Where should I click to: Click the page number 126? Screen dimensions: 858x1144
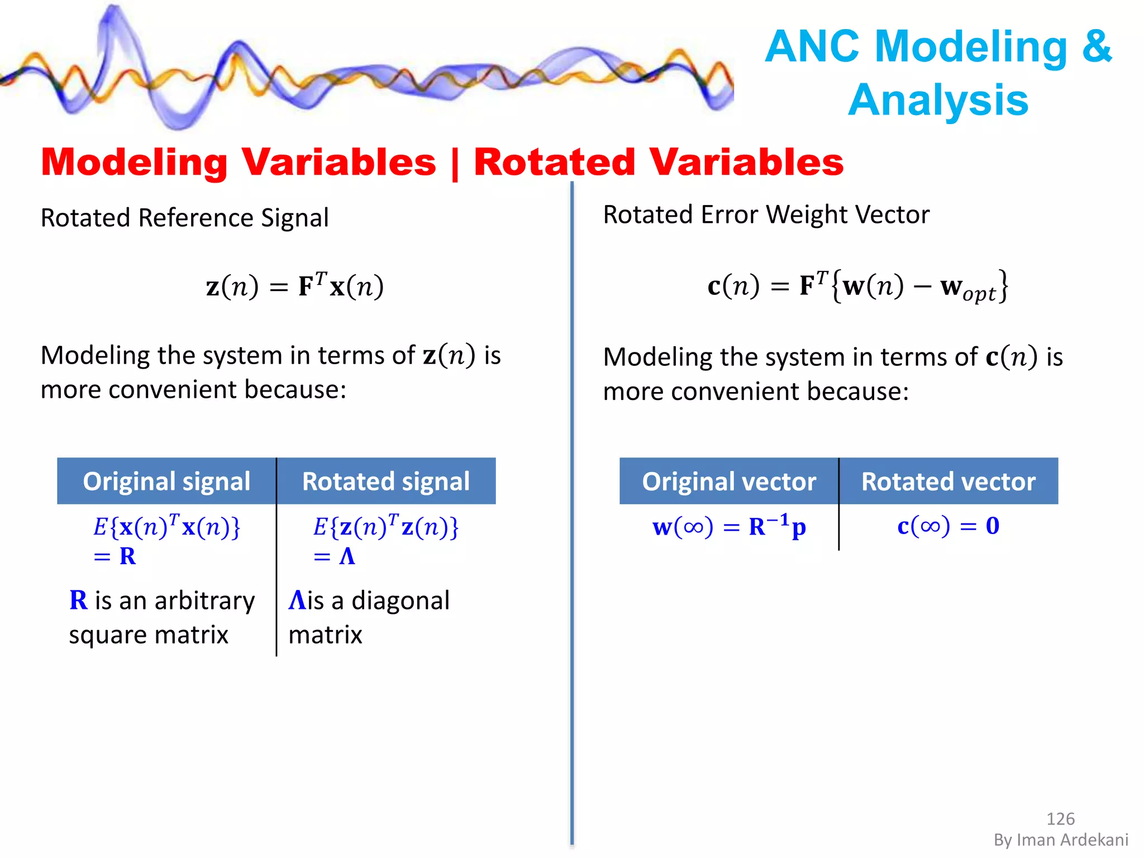[x=1060, y=818]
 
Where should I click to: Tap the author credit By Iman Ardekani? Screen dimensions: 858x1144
[x=1060, y=840]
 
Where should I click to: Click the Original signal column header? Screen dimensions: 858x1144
[x=166, y=482]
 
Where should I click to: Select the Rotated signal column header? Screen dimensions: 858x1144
[x=385, y=482]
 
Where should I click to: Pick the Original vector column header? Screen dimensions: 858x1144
[x=728, y=482]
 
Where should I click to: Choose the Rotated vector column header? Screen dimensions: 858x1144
[x=948, y=482]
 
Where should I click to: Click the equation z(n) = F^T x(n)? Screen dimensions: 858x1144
[x=294, y=286]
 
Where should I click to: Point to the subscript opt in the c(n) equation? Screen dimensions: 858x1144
[x=979, y=294]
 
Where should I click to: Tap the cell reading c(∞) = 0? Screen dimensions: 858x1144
[x=948, y=526]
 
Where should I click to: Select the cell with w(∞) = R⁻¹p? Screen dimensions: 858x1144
[x=728, y=526]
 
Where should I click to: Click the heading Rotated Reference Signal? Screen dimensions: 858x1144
[x=184, y=218]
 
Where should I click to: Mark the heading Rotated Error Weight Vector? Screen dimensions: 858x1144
[x=766, y=215]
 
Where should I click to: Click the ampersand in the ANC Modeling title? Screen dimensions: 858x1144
[x=1096, y=46]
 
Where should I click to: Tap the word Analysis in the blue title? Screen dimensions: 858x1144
[x=938, y=100]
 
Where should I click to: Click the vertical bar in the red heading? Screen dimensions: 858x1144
[x=454, y=163]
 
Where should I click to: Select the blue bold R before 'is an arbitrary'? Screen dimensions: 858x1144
[x=78, y=600]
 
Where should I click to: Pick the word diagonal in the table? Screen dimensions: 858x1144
[x=400, y=600]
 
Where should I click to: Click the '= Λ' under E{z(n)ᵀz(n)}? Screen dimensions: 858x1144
[x=334, y=556]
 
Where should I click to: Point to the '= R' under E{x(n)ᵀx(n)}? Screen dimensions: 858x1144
[x=115, y=556]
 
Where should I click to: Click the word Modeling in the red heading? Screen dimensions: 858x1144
[x=134, y=162]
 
